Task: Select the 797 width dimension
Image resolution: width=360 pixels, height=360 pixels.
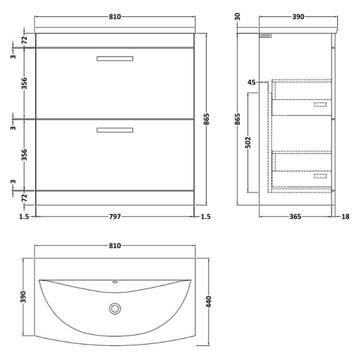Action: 115,217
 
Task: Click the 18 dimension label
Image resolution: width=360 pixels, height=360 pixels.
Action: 346,217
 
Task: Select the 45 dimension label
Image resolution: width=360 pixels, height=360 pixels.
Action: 251,82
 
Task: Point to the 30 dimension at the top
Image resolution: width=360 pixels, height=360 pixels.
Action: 238,16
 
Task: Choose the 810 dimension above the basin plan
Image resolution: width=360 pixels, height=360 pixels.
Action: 115,249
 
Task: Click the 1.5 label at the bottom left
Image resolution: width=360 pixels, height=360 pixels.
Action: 24,217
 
